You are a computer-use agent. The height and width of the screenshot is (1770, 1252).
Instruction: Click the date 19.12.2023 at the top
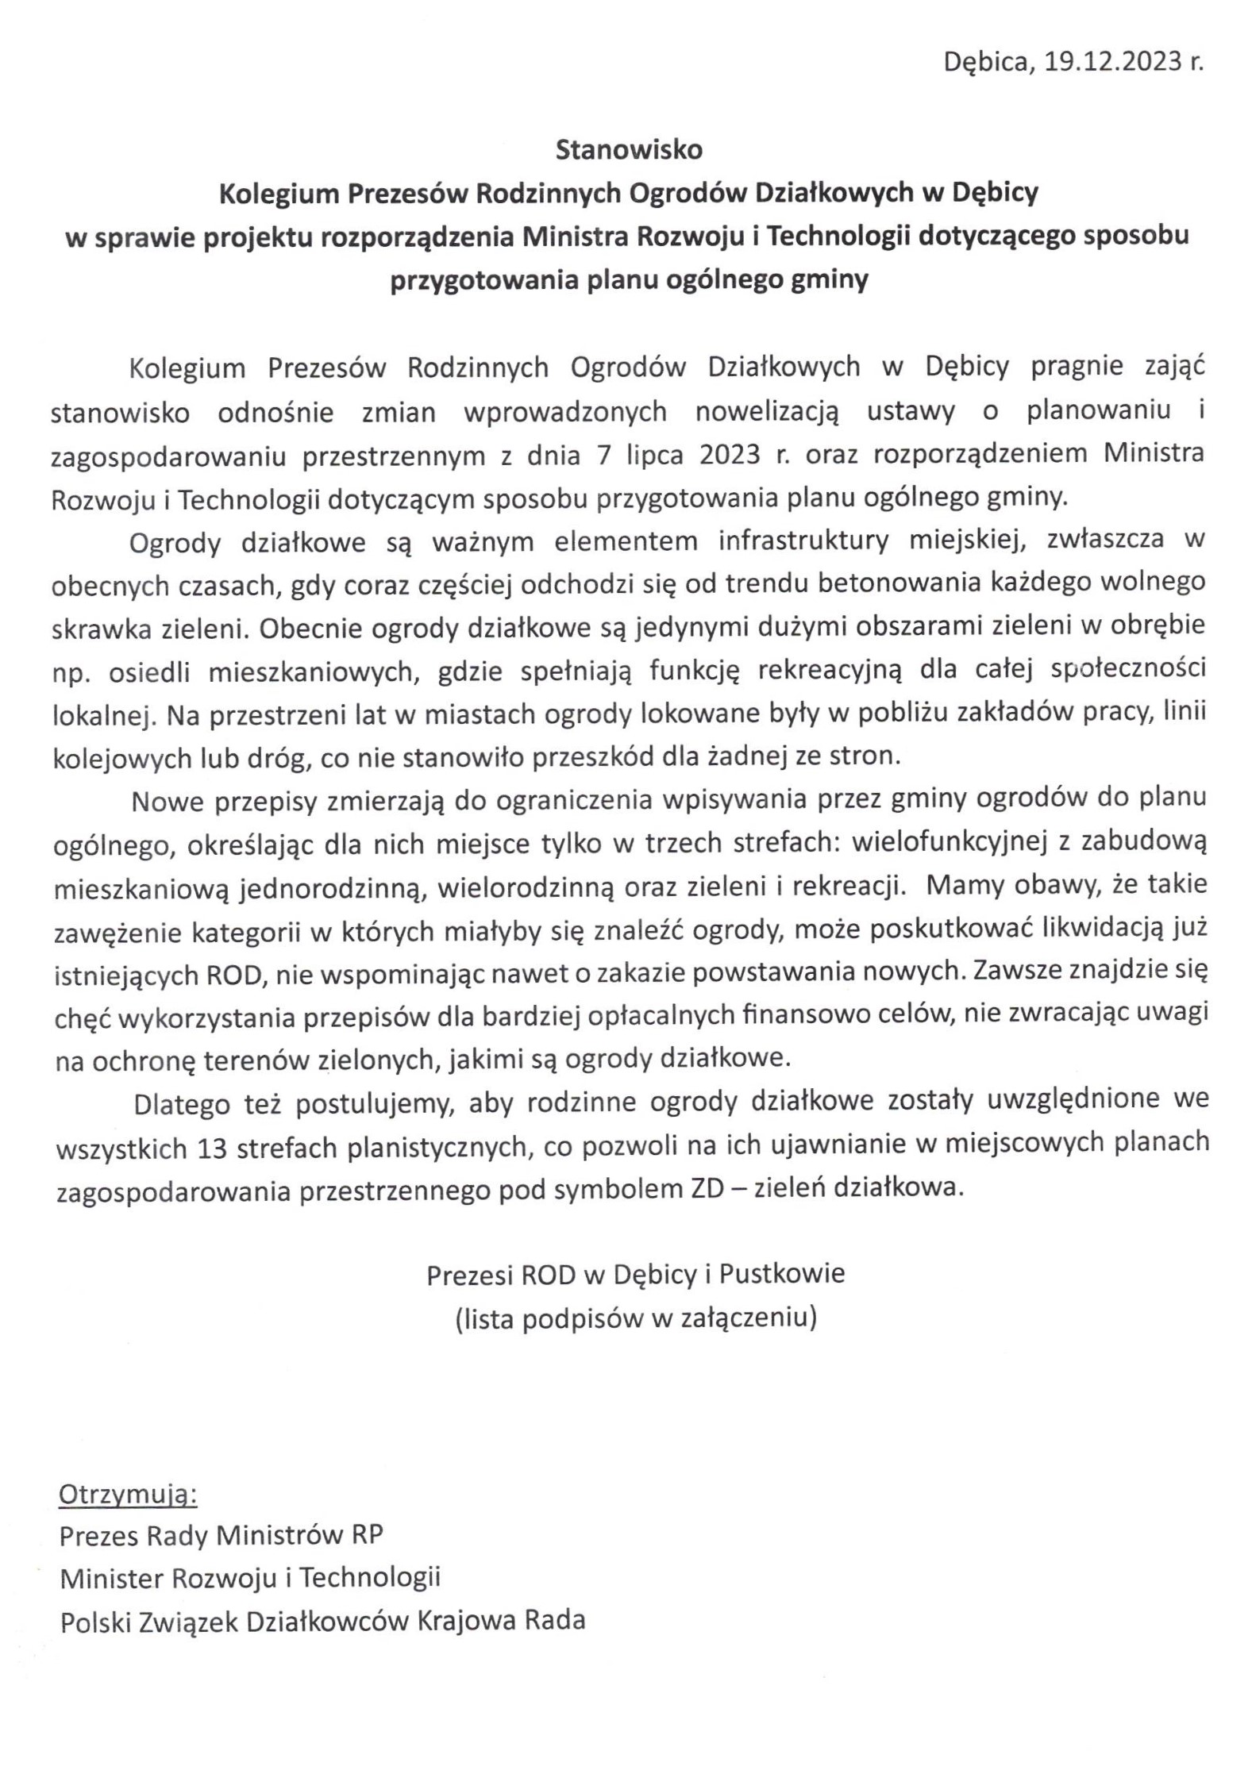(x=1113, y=61)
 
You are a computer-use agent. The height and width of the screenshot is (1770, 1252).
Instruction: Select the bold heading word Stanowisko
(x=629, y=149)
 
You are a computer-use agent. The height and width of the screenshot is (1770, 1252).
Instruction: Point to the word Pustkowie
(x=782, y=1274)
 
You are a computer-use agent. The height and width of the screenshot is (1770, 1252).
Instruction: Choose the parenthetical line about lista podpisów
(x=636, y=1318)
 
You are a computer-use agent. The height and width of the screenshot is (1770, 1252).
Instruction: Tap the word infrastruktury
(x=803, y=540)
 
